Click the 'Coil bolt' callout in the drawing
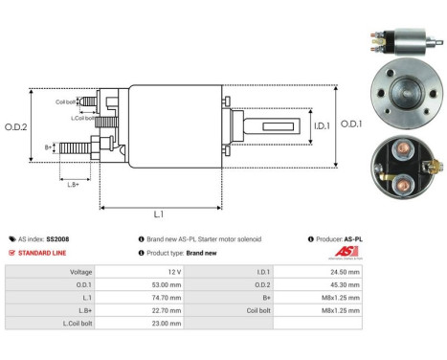(x=65, y=100)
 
